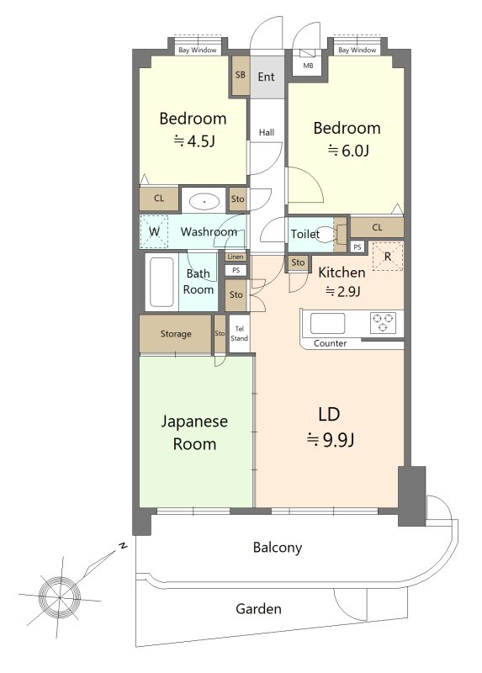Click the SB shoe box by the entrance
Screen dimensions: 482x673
coord(241,76)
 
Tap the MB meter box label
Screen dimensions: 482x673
coord(308,66)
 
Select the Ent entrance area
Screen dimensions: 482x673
coord(267,77)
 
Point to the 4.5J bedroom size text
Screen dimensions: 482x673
coord(194,140)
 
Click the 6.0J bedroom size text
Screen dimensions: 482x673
coord(348,151)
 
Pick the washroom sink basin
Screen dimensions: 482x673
coord(204,201)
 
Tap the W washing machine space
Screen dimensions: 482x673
coord(154,232)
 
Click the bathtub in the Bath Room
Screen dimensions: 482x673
coord(162,282)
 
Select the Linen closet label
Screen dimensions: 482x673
coord(236,257)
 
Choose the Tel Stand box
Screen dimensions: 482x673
coord(239,333)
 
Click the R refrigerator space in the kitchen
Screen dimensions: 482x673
coord(388,257)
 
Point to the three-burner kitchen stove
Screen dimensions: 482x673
coord(383,323)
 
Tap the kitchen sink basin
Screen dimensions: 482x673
coord(327,323)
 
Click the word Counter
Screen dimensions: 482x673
coord(330,343)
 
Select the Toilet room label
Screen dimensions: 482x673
coord(305,234)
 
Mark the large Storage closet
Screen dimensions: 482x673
coord(176,334)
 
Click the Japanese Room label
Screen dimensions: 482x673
coord(194,432)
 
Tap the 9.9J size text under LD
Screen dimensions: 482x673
coord(330,440)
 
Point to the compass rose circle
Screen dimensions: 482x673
coord(59,596)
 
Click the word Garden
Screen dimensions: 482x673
coord(258,608)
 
